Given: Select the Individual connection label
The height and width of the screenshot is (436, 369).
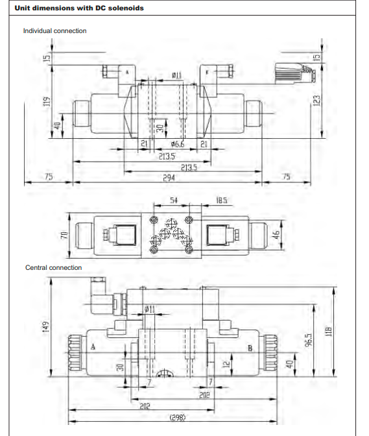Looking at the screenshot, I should coord(54,30).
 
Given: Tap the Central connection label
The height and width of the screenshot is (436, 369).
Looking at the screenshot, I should coord(53,267).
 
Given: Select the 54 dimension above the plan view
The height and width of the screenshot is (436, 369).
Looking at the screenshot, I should coord(173,201).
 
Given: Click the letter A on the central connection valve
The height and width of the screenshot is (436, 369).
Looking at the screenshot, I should coord(93,347).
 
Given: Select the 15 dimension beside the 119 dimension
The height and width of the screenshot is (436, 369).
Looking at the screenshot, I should coord(45,57).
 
